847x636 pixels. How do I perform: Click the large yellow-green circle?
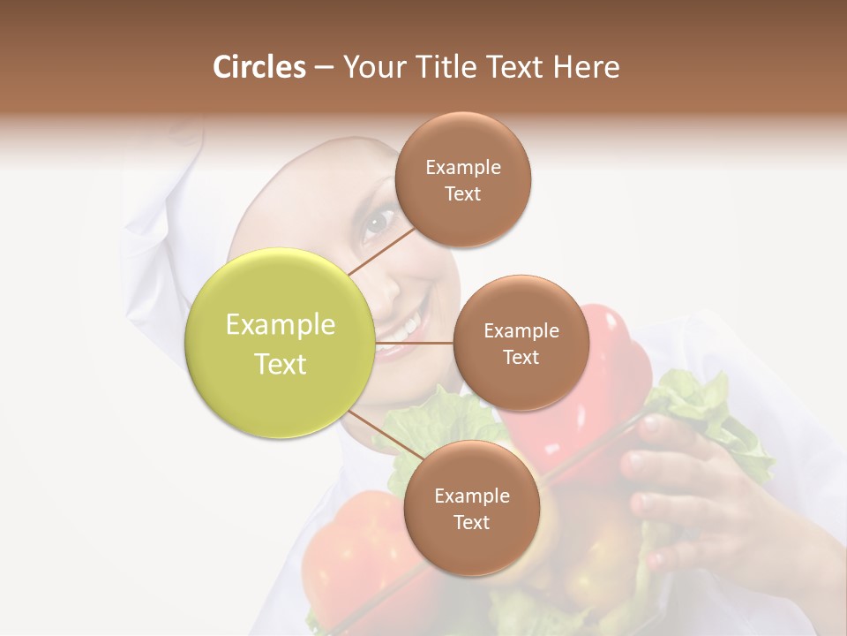coord(280,343)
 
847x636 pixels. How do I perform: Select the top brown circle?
coord(462,180)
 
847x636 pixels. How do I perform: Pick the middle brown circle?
coord(521,343)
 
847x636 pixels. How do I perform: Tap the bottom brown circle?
coord(471,508)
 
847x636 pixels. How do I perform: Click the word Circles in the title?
coord(259,67)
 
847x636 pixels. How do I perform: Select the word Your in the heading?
coord(371,67)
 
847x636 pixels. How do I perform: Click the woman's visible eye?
coord(377,221)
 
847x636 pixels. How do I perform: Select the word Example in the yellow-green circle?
coord(280,324)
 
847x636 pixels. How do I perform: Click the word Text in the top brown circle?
coord(462,194)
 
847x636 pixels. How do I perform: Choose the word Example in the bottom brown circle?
coord(471,496)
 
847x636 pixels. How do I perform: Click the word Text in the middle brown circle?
coord(521,357)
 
